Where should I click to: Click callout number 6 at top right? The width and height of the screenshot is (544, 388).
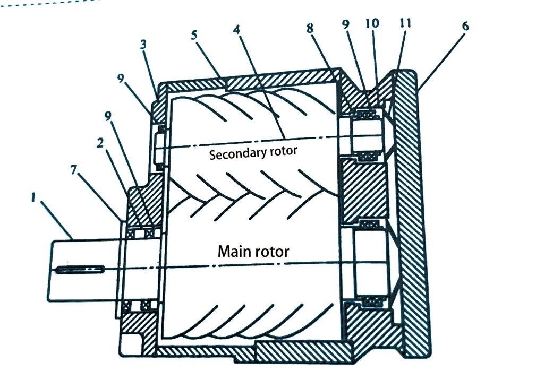click(466, 27)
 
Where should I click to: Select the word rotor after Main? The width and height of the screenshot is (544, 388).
click(272, 251)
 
